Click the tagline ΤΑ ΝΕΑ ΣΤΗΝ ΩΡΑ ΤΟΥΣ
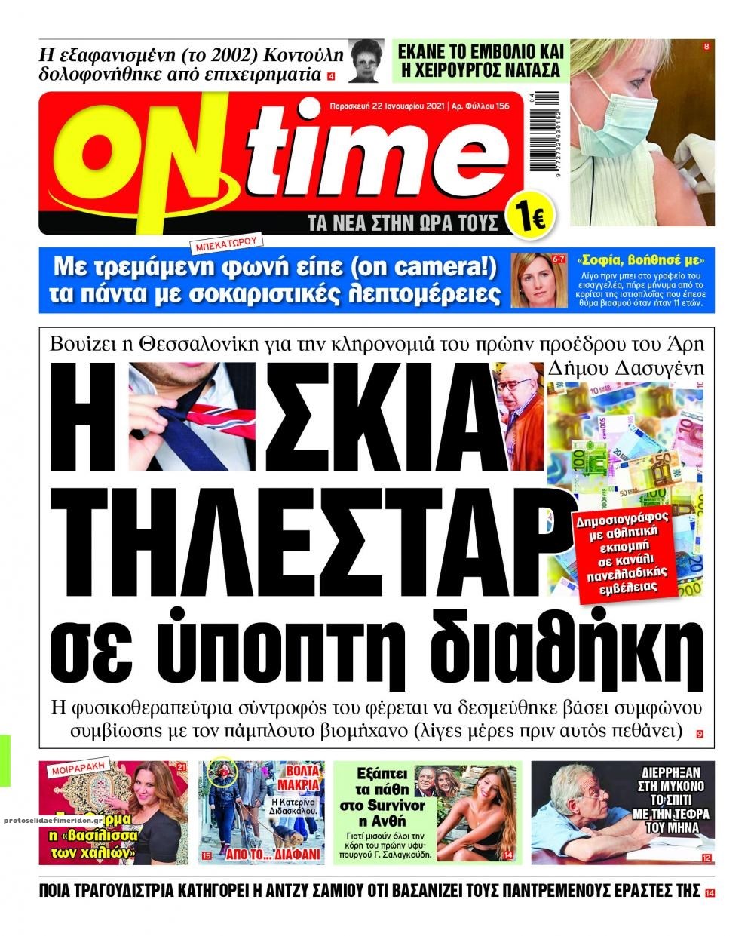(x=403, y=222)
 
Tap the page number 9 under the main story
(x=700, y=733)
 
